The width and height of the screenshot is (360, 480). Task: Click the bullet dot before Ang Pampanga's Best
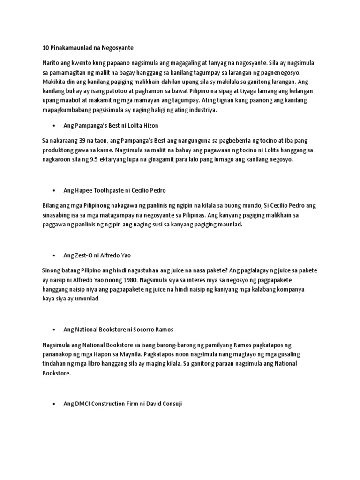pyautogui.click(x=55, y=125)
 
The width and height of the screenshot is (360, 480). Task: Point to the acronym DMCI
pyautogui.click(x=82, y=404)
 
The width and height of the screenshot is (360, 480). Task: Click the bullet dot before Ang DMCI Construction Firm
pyautogui.click(x=55, y=404)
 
